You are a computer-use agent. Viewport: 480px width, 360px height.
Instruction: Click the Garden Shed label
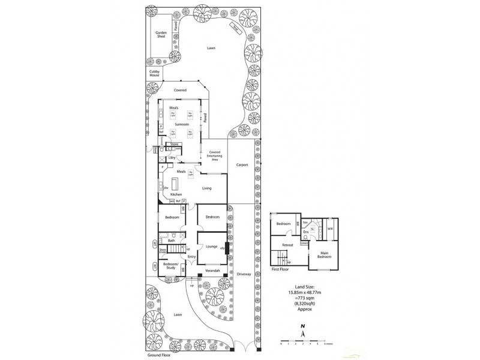161,34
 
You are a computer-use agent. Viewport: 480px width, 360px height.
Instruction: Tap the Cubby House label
154,73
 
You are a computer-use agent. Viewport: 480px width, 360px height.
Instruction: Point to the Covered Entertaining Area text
214,157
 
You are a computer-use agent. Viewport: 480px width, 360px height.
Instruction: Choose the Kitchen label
176,194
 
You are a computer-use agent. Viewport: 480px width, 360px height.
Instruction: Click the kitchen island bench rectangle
176,183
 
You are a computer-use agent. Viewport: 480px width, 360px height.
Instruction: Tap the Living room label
207,188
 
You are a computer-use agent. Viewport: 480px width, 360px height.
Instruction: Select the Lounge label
211,246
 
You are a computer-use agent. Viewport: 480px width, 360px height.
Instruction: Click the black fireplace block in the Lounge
226,247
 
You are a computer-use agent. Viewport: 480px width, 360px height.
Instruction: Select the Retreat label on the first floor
288,245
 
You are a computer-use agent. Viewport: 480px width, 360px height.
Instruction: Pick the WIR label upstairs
330,229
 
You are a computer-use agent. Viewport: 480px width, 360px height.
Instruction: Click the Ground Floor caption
158,355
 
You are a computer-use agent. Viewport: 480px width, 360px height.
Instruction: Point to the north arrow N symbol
303,327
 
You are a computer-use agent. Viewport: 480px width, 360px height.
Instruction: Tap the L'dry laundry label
171,157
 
